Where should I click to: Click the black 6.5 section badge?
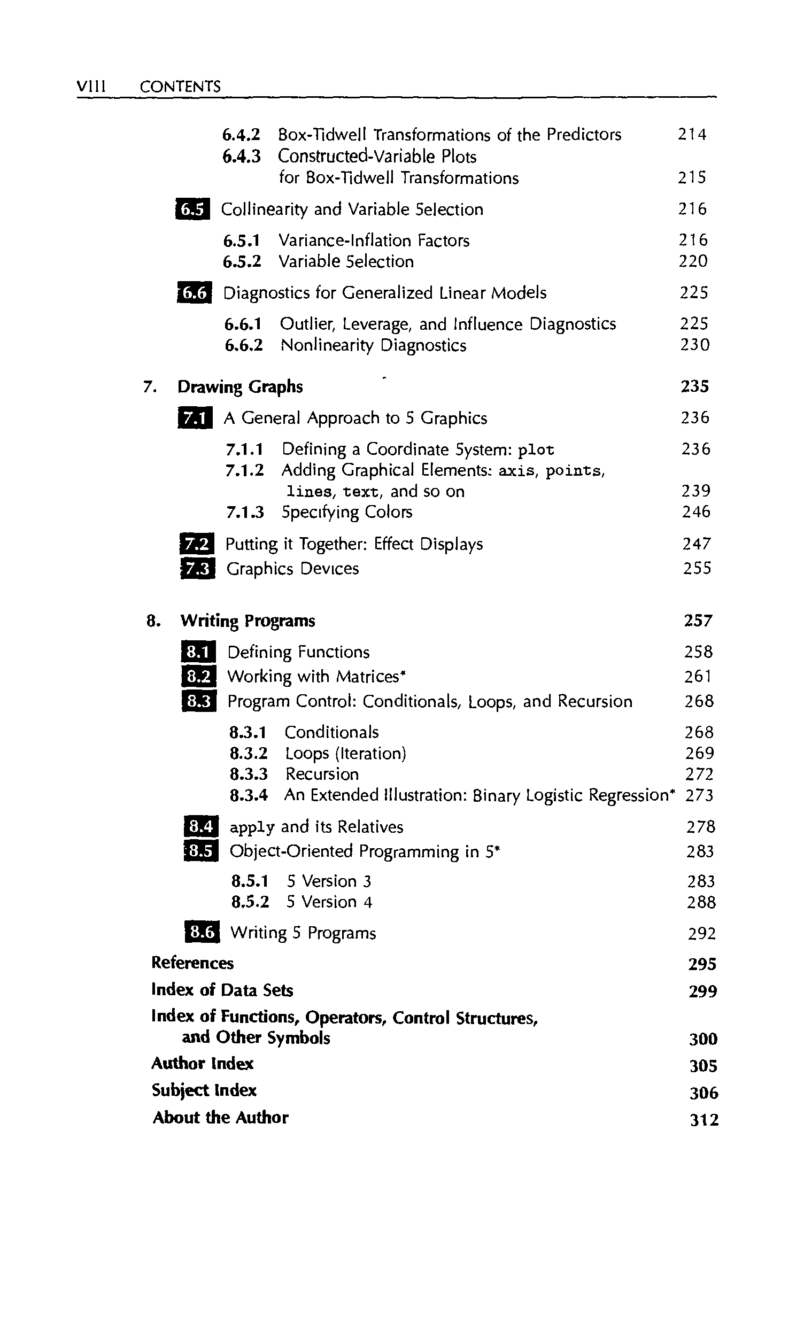click(x=192, y=209)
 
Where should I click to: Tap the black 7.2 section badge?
click(x=197, y=544)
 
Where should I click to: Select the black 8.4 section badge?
click(x=201, y=827)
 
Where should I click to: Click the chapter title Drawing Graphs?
click(x=240, y=386)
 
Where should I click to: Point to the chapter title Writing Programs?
click(x=248, y=621)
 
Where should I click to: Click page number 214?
click(x=692, y=134)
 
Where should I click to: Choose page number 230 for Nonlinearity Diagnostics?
click(x=694, y=345)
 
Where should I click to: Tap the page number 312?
click(x=704, y=1120)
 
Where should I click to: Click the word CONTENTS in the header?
click(x=180, y=87)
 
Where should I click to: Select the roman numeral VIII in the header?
click(x=91, y=87)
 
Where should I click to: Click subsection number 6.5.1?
click(x=242, y=240)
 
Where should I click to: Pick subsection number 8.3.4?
click(x=249, y=795)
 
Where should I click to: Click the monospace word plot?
click(x=536, y=449)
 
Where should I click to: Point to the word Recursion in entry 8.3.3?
click(x=322, y=774)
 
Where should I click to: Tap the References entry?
click(x=192, y=963)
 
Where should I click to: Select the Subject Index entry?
click(x=204, y=1090)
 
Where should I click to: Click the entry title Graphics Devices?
click(x=292, y=568)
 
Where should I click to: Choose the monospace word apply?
click(x=252, y=827)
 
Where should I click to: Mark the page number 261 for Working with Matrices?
click(x=698, y=677)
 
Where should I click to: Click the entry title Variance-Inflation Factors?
click(x=374, y=240)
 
